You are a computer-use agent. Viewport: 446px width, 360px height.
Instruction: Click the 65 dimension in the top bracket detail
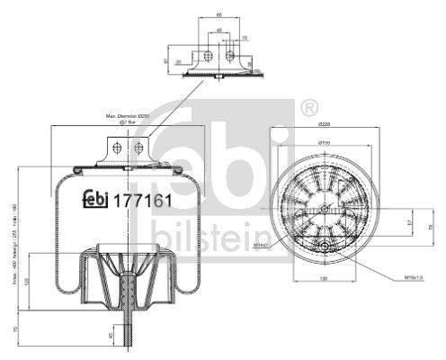click(x=219, y=14)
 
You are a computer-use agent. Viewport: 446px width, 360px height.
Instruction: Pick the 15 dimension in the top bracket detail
click(x=245, y=37)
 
